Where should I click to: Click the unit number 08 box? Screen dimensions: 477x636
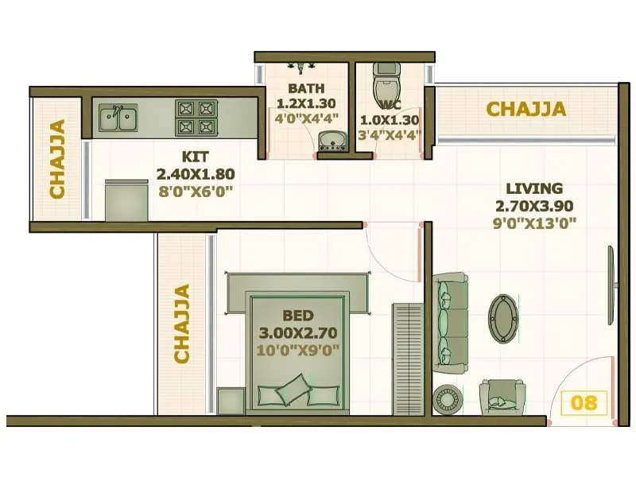[x=584, y=402]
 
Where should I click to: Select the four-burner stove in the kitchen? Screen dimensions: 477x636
[x=196, y=118]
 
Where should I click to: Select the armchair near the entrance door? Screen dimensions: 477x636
[x=502, y=396]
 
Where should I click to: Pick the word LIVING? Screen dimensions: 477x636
[x=534, y=189]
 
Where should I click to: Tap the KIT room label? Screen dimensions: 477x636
[x=195, y=157]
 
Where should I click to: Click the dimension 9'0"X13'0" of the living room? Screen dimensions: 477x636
[x=534, y=223]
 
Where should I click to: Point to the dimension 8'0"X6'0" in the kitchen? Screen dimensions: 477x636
[x=195, y=190]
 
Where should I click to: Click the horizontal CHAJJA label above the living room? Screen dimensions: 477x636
[x=526, y=109]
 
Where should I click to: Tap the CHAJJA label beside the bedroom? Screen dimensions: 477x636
[x=182, y=324]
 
